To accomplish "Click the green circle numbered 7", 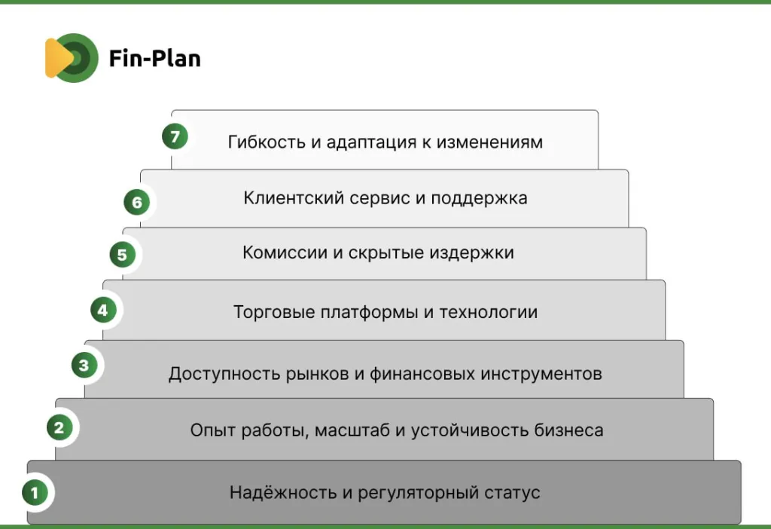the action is pos(175,136).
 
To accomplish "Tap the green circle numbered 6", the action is pos(137,202).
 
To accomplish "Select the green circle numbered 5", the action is pos(123,255).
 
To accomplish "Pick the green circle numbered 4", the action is pos(103,310).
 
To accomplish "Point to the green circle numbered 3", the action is pos(84,365).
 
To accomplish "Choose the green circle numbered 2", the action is pos(59,427).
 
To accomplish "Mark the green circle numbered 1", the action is pos(35,492).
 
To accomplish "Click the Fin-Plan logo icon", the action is pos(72,58).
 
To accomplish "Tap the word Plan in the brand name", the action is pos(175,58).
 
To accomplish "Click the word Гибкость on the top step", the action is pos(267,142).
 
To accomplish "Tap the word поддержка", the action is pos(479,199).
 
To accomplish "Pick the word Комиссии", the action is pos(285,252).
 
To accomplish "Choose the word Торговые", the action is pos(274,313).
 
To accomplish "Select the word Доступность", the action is pos(224,375).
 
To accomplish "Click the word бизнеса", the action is pos(568,430).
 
